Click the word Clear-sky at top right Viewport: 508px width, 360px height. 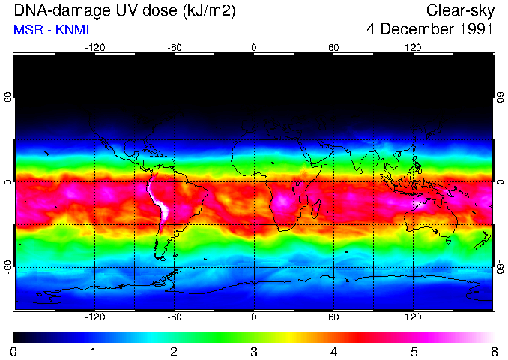459,10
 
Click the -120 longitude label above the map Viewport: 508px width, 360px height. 94,47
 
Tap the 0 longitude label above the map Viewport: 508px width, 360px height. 254,47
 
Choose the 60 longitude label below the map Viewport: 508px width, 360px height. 333,317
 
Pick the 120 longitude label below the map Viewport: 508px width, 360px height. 413,317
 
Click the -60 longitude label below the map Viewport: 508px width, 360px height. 174,317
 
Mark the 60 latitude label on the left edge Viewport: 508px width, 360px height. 7,97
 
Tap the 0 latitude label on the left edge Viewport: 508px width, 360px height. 7,182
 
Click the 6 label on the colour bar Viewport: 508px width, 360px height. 494,351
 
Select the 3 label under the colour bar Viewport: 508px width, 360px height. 254,351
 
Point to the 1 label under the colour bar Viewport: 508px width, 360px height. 94,351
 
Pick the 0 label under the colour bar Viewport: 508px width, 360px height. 14,351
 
